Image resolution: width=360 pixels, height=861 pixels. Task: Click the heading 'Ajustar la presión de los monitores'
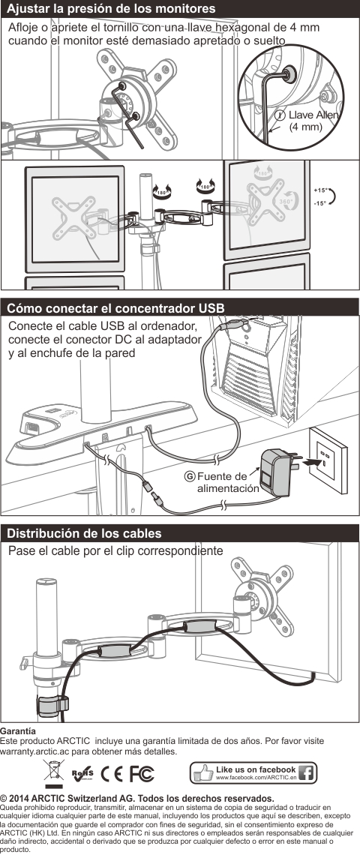point(111,9)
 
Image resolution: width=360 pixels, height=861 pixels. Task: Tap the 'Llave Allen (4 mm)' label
point(312,121)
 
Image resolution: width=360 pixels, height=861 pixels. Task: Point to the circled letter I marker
point(280,115)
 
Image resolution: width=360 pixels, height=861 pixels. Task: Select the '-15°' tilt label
point(320,204)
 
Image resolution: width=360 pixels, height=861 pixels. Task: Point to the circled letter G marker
point(190,476)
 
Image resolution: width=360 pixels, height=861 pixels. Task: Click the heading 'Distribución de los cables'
point(84,533)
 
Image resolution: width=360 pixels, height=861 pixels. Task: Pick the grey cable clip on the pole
point(52,704)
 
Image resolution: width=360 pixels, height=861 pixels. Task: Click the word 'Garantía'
point(18,731)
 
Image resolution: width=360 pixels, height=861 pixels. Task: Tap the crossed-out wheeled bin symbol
point(54,774)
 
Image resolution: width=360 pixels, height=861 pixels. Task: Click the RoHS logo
point(82,774)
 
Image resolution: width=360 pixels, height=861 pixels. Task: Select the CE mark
point(112,774)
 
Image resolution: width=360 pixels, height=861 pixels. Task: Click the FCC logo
point(142,774)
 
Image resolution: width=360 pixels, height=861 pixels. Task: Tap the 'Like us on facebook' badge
point(253,773)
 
